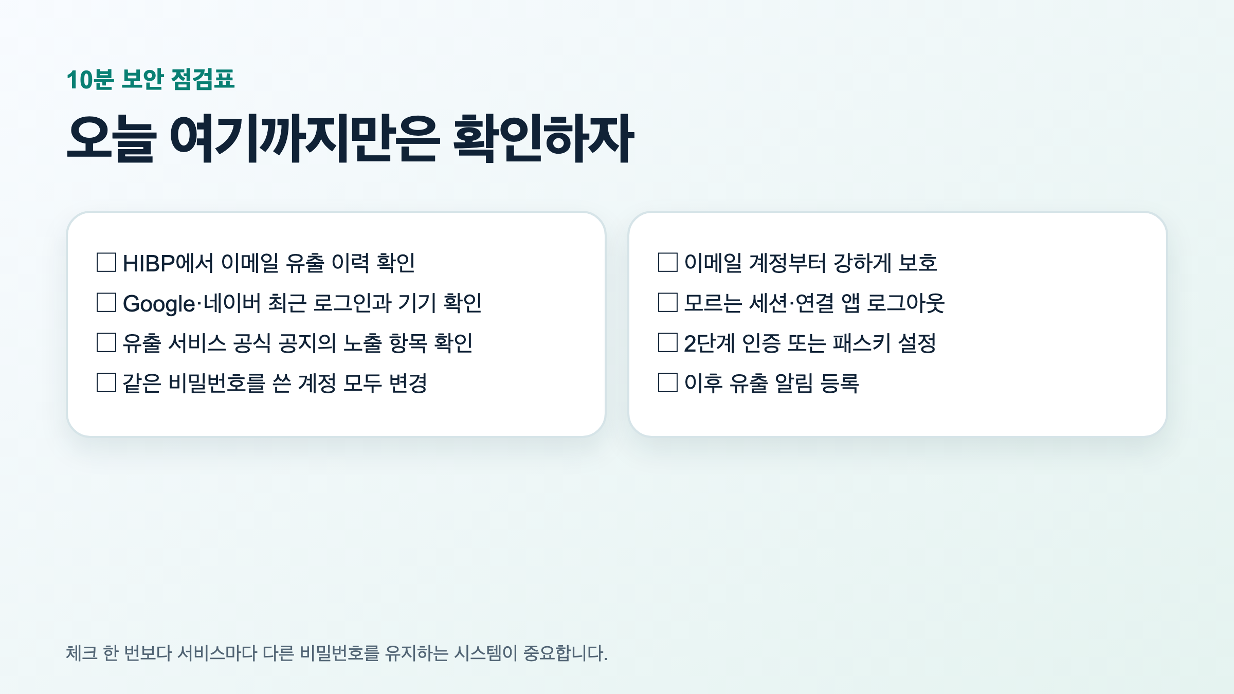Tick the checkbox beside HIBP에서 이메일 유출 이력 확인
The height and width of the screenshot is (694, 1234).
coord(106,262)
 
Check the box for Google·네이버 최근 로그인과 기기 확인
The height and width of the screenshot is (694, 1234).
coord(106,302)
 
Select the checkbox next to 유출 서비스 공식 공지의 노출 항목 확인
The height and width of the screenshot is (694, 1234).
coord(106,342)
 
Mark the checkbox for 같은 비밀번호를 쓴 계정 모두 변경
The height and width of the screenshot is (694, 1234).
coord(106,382)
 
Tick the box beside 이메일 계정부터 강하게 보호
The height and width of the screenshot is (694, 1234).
coord(668,262)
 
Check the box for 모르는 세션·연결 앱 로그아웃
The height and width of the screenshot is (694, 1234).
coord(668,302)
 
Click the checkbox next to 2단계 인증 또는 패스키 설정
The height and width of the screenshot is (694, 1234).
coord(668,342)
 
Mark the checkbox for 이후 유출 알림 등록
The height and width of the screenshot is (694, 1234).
coord(668,382)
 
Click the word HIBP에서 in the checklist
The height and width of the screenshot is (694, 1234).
coord(168,263)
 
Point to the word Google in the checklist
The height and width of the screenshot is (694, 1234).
coord(159,304)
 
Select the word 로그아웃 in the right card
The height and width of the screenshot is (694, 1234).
coord(906,303)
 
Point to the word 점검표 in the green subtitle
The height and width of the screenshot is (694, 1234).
coord(203,80)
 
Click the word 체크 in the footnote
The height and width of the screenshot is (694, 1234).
coord(82,653)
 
